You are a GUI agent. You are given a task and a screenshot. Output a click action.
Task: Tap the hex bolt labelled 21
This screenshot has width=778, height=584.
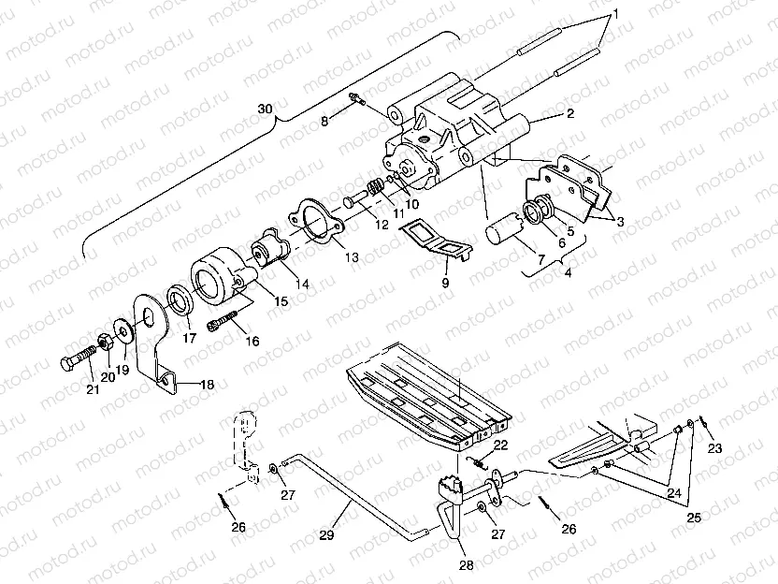[78, 360]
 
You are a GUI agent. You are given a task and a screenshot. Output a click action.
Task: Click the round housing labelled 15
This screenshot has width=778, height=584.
[219, 277]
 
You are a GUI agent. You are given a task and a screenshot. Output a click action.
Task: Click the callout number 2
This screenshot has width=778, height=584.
[569, 115]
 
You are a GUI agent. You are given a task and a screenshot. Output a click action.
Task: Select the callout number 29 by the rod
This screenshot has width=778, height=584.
[326, 534]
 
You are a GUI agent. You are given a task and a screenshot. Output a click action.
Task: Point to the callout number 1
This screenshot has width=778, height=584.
[615, 15]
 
